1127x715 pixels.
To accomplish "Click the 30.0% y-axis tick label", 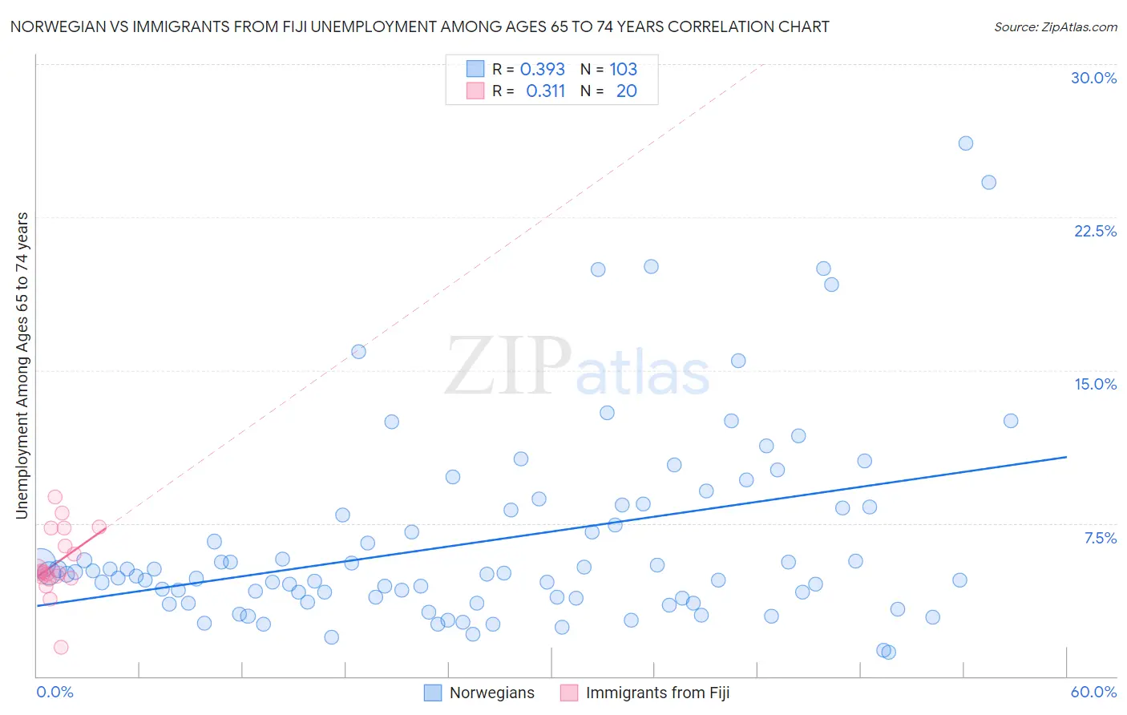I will click(x=1093, y=78).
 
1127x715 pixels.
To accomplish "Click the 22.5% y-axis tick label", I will click(x=1095, y=231).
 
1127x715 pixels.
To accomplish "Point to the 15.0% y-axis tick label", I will click(x=1095, y=384).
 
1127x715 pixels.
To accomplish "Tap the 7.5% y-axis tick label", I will click(x=1100, y=538).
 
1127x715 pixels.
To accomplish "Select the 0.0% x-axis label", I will click(x=55, y=692).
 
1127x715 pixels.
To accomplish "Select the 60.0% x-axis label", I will click(x=1093, y=692).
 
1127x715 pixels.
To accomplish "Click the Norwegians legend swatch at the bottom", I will click(x=433, y=693).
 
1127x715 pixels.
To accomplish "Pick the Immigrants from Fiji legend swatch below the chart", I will click(x=569, y=693).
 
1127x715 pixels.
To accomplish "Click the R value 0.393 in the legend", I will click(x=543, y=69).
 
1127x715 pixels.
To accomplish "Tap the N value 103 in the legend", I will click(x=623, y=69).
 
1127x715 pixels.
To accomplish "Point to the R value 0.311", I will click(x=546, y=91).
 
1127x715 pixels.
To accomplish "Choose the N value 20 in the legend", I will click(x=626, y=91).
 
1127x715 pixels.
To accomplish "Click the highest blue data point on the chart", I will click(x=966, y=143).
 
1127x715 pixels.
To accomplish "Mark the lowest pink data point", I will click(x=61, y=647).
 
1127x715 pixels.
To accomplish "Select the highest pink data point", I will click(x=55, y=497).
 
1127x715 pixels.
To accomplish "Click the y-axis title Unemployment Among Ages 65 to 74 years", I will click(x=22, y=365).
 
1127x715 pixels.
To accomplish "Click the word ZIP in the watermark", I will click(x=508, y=367).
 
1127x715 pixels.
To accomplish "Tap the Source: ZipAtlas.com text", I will click(x=1055, y=26).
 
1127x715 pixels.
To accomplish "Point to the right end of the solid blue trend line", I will click(x=1066, y=457).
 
